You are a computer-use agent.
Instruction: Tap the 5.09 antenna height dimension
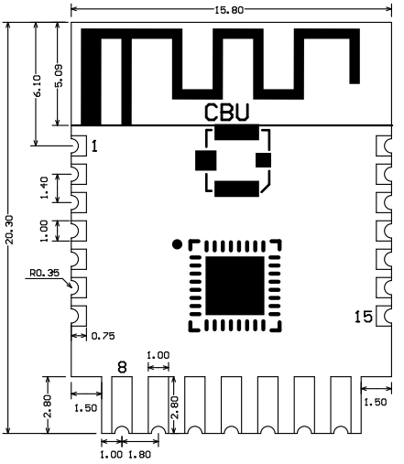coord(60,80)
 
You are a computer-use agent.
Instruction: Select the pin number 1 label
coord(94,146)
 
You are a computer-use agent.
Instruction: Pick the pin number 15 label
coord(363,317)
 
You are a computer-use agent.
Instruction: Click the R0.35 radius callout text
coord(45,272)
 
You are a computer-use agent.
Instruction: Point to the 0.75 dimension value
coord(103,336)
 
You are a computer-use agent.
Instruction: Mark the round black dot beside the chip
coord(177,244)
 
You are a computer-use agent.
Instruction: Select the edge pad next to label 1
coord(78,146)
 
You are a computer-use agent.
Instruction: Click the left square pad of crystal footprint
coord(202,160)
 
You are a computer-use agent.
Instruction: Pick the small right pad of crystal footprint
coord(265,161)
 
